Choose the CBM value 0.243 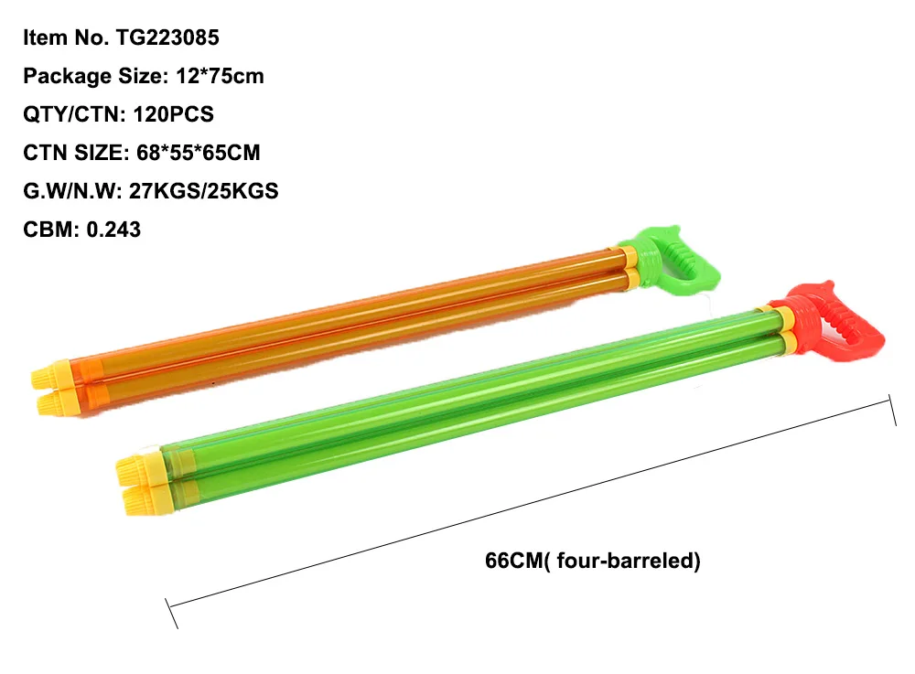tap(113, 230)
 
